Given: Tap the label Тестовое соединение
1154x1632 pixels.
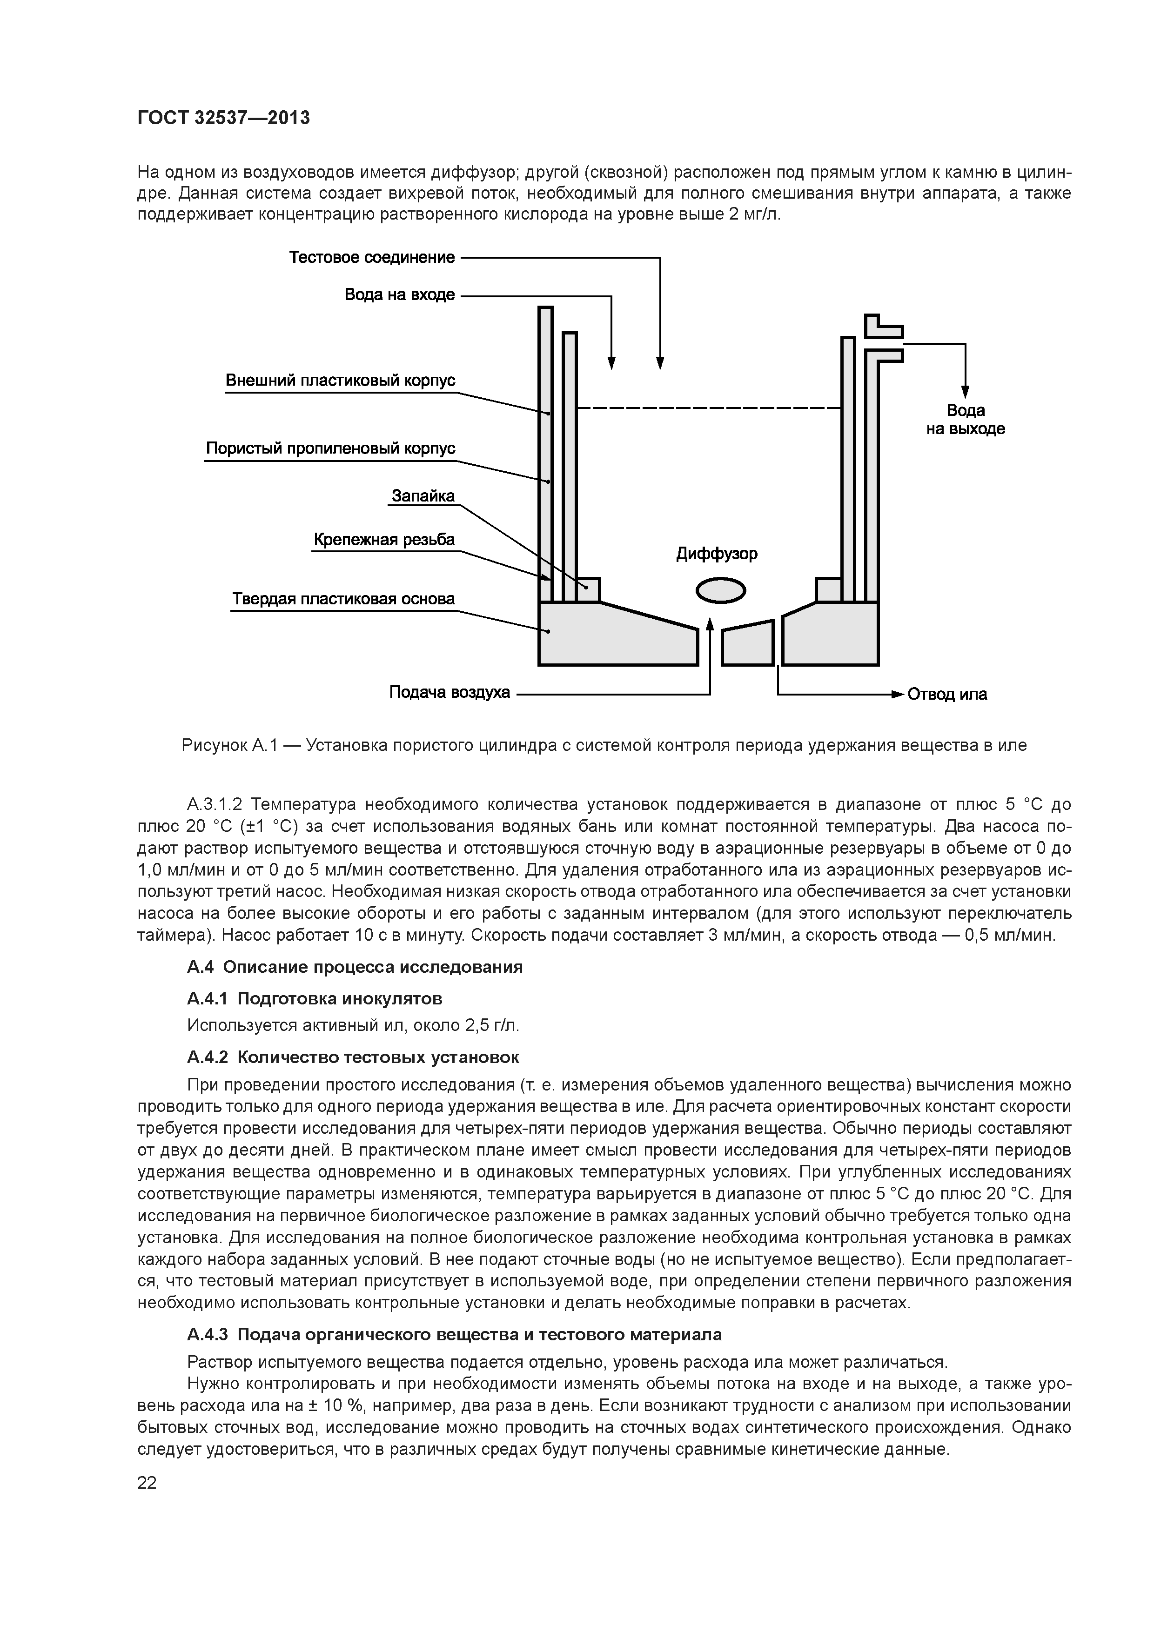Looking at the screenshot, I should coord(371,257).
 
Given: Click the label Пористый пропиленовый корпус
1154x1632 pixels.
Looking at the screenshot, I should coord(330,448).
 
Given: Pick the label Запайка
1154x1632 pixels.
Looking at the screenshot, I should coord(423,495).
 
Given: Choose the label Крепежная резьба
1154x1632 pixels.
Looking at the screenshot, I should coord(384,540).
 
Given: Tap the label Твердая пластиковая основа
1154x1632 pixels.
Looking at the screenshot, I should coord(343,599).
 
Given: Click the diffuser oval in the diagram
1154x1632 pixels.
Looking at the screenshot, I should coord(720,590).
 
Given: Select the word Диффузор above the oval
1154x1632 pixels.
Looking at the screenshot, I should coord(717,554).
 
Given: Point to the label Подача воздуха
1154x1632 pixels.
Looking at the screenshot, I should coord(450,692).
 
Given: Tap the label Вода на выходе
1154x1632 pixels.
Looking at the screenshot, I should coord(965,419).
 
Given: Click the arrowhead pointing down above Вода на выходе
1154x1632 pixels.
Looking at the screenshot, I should coord(965,392).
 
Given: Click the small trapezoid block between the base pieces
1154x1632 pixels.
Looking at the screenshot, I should coord(747,644).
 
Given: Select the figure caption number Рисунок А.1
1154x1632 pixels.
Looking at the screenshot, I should coord(227,746).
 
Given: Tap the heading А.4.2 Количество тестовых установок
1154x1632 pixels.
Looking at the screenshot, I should coord(353,1057).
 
